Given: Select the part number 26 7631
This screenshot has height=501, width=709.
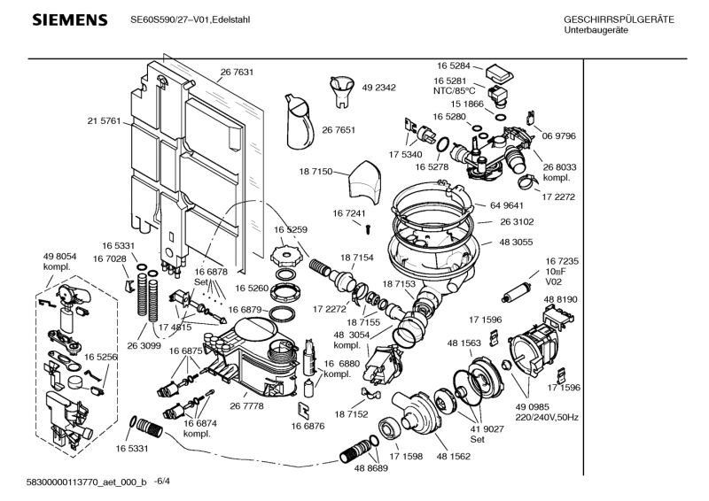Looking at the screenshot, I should [237, 73].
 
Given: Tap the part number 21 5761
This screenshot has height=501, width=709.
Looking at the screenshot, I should [104, 120].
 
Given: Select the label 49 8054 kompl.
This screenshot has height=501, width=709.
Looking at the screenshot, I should [59, 261].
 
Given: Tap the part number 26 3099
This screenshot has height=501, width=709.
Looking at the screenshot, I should [144, 346].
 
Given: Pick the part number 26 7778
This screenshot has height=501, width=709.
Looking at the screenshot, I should [246, 405].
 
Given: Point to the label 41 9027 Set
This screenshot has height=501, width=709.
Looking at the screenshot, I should [478, 433].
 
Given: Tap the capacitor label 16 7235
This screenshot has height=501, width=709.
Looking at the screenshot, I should [562, 263].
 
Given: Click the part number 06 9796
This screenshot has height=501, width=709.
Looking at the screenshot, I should [560, 135].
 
